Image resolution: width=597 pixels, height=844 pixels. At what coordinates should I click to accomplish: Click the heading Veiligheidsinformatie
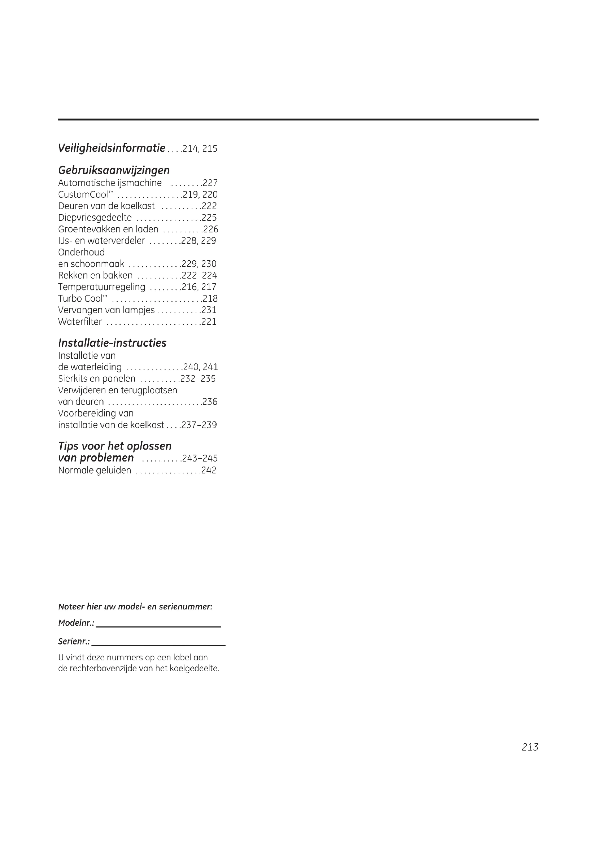click(112, 148)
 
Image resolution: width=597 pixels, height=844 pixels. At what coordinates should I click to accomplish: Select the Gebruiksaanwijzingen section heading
click(114, 170)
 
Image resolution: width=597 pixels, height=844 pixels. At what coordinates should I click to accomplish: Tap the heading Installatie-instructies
click(112, 342)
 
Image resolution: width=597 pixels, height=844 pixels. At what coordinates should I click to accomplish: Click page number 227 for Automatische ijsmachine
click(210, 183)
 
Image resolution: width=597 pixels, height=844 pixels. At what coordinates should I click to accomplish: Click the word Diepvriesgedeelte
click(95, 218)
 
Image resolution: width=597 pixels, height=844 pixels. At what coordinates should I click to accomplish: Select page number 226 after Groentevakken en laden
click(211, 229)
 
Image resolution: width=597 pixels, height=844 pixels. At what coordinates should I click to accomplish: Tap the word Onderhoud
click(81, 252)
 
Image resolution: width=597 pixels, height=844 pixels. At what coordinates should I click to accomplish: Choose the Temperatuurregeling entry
click(101, 287)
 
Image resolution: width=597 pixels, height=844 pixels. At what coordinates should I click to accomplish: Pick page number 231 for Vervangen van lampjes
click(209, 310)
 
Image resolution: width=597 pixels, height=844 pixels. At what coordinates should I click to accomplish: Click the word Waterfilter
click(80, 322)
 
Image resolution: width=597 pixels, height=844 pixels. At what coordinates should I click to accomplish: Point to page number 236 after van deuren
click(210, 402)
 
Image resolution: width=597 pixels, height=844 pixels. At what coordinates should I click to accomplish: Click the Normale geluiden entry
click(95, 471)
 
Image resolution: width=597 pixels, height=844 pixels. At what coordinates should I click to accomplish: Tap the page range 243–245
click(200, 458)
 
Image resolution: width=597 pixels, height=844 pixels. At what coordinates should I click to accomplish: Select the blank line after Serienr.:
click(158, 642)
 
